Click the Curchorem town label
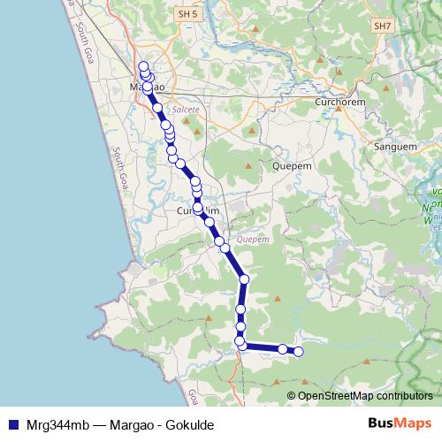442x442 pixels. [x=335, y=103]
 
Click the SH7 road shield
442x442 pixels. [x=382, y=27]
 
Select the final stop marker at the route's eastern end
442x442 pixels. [x=298, y=352]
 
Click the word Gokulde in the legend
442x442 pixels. [x=191, y=424]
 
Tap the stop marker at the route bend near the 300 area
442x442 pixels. [x=244, y=279]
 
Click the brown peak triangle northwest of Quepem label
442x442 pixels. [x=248, y=164]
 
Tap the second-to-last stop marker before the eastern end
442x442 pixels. [x=283, y=349]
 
